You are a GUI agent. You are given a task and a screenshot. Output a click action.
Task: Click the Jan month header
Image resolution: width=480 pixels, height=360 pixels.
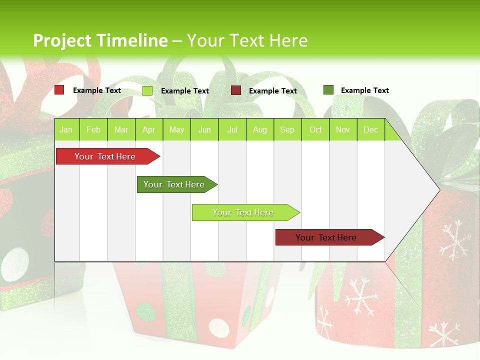pos(66,130)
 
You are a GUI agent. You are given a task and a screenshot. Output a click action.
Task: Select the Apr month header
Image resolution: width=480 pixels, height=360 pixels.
pos(148,130)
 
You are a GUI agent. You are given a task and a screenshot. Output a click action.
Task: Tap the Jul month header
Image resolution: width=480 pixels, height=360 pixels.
pos(232,130)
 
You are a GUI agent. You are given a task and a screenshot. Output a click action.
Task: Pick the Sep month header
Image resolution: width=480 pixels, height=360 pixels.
pos(287,130)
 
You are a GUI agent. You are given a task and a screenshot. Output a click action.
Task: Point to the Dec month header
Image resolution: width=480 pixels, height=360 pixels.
pos(370,130)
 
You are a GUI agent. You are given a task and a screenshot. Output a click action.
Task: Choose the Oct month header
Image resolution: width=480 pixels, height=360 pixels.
pos(315,130)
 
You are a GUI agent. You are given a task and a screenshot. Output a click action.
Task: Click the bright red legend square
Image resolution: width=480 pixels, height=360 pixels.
pos(59,90)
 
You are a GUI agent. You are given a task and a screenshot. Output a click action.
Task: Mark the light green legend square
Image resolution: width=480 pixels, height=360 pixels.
pos(147,90)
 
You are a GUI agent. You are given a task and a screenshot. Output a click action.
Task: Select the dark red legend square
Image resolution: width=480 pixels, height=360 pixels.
pos(236,90)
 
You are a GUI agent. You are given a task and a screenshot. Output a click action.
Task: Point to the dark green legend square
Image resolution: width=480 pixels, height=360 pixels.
pos(328,90)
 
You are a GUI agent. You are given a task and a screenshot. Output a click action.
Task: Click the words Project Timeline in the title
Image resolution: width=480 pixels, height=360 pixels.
pos(100,40)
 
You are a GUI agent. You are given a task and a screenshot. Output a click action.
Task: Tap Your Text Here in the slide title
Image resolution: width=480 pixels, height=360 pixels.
pos(247,40)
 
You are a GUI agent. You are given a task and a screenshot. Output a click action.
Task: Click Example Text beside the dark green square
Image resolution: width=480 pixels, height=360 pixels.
pos(364,90)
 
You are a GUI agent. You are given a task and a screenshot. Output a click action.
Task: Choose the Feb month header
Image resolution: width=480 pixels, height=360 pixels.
pos(93,130)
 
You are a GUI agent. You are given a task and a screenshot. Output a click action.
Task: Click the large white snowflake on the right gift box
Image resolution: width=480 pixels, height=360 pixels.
pos(454,240)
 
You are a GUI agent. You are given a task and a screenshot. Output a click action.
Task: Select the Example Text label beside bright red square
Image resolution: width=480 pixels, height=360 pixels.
pos(96,90)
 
